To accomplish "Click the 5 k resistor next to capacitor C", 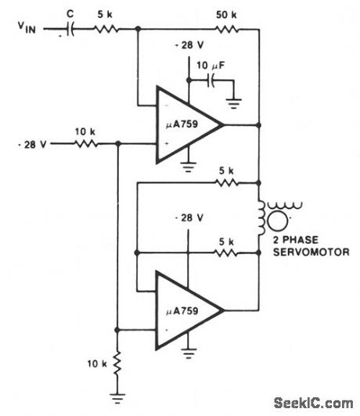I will [x=104, y=29].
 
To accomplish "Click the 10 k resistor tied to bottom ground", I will [x=117, y=364].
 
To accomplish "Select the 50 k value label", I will [x=229, y=14].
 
